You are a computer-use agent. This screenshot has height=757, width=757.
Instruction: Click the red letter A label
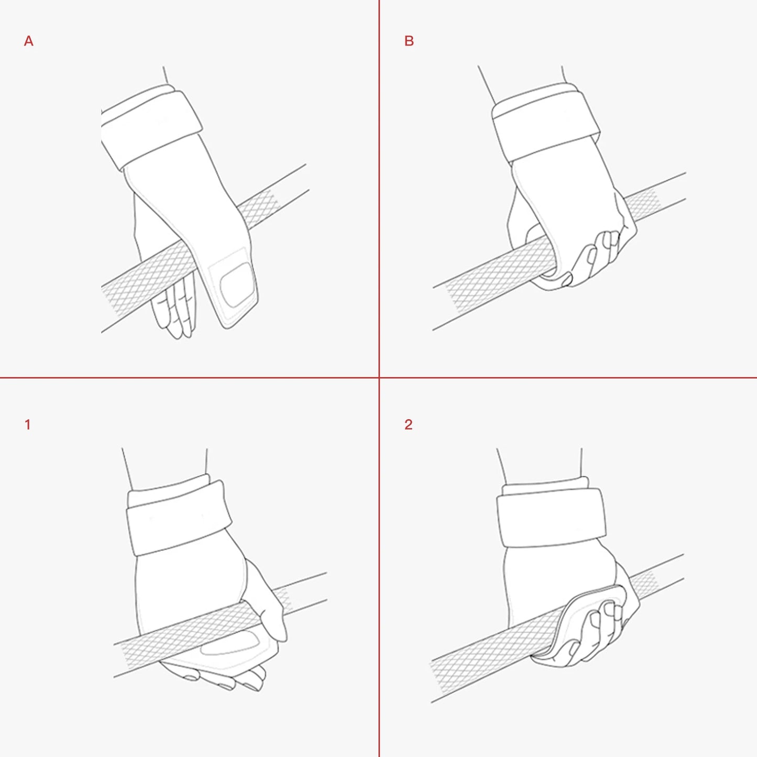[x=29, y=41]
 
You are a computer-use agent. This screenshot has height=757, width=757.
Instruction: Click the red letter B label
[x=409, y=41]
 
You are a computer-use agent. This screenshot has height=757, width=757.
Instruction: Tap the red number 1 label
[x=27, y=425]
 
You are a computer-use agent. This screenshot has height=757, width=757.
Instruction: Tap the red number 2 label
[x=409, y=425]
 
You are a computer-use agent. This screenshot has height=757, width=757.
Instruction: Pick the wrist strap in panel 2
[x=551, y=517]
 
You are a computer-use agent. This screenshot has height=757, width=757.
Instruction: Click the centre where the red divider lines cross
[x=379, y=378]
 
